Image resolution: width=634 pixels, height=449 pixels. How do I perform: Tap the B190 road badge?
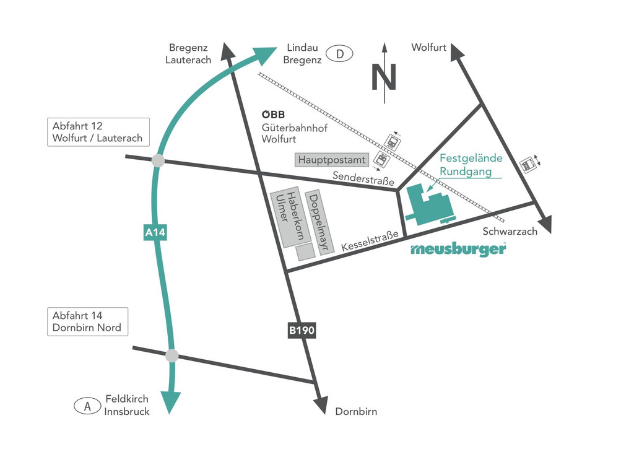click(x=302, y=331)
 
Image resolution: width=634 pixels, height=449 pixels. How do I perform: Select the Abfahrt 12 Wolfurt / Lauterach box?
click(x=98, y=132)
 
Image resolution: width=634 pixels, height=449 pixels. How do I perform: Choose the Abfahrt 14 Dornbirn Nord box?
click(x=87, y=321)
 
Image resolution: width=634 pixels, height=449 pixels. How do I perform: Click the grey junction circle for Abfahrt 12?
click(x=158, y=160)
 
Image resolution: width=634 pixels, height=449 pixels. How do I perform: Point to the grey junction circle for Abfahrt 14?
click(x=172, y=355)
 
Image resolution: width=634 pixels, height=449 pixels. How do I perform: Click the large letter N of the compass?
click(x=384, y=77)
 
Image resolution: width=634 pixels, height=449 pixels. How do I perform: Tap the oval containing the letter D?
click(x=339, y=54)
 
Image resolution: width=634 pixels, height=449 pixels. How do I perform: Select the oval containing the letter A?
click(x=87, y=406)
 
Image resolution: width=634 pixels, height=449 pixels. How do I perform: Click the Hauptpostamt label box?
click(x=332, y=160)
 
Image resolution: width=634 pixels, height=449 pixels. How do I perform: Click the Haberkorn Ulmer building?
click(x=289, y=216)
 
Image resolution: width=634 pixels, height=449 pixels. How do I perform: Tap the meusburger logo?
click(x=458, y=250)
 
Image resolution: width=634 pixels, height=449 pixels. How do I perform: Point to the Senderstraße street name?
click(x=363, y=178)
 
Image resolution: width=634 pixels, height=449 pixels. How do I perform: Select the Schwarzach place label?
click(x=510, y=232)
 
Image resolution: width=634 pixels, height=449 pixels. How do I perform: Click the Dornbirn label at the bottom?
click(x=356, y=411)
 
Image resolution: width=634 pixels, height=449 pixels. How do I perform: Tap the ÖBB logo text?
click(x=273, y=114)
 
